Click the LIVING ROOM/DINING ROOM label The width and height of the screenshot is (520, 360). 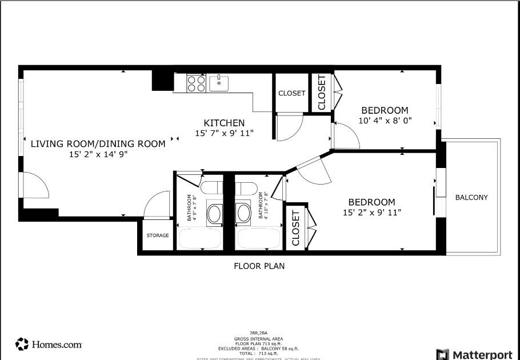(98, 144)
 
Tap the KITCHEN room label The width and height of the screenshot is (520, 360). (224, 123)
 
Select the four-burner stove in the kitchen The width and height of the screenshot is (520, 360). (197, 84)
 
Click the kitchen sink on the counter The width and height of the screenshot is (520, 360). (219, 83)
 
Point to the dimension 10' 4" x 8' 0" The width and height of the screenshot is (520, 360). (385, 121)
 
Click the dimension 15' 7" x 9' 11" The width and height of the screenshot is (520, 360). (224, 133)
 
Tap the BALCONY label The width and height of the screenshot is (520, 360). (471, 198)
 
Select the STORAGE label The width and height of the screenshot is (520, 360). (158, 235)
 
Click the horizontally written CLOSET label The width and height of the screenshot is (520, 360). (291, 93)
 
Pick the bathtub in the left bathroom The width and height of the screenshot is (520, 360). (200, 238)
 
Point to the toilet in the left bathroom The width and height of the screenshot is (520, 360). (212, 188)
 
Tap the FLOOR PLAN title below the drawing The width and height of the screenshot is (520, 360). (259, 266)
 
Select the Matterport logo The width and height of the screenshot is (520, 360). (474, 354)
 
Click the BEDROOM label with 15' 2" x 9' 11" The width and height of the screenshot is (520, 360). (371, 202)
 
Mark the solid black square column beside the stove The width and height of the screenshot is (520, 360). (162, 81)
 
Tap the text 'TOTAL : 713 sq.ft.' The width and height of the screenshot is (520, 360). (259, 353)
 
